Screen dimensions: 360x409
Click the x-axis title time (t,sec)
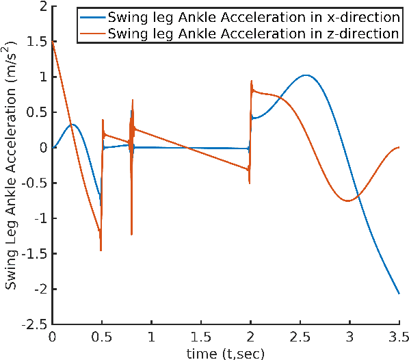click(x=226, y=352)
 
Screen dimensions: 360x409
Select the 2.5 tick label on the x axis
click(x=300, y=337)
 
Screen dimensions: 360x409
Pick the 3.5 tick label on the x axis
click(x=399, y=337)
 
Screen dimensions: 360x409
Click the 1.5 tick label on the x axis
click(x=201, y=337)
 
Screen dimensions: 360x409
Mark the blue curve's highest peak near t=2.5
click(x=306, y=75)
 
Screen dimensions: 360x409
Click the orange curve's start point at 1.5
click(x=53, y=42)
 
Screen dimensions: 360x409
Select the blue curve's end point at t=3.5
click(x=399, y=294)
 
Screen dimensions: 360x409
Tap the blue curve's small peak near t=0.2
click(x=72, y=125)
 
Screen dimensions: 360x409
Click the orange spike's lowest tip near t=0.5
click(x=101, y=250)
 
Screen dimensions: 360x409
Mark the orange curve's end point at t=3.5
click(x=399, y=147)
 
